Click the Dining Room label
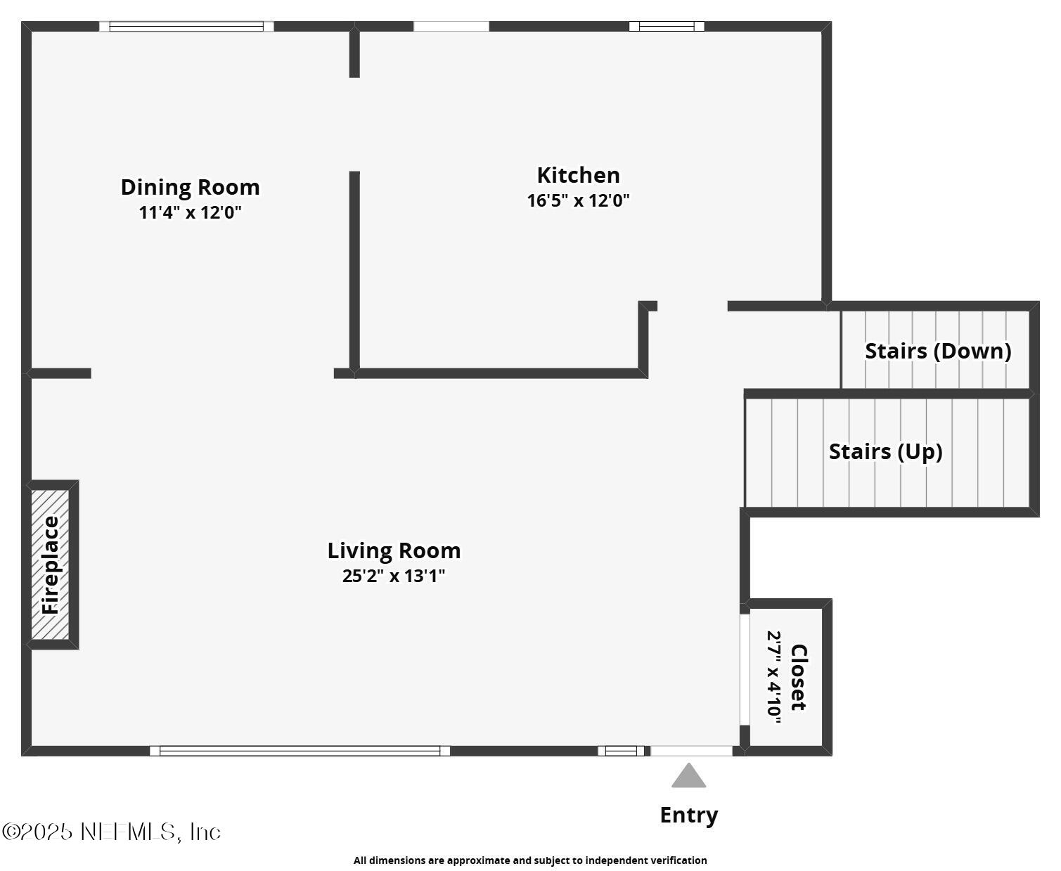(190, 188)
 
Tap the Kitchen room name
(578, 175)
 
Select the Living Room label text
(394, 550)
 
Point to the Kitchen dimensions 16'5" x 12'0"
(578, 200)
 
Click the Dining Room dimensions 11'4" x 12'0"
(190, 213)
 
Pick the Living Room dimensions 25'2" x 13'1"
(394, 576)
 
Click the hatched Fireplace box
(51, 564)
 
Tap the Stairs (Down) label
(938, 351)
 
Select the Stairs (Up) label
(885, 451)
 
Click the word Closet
(799, 677)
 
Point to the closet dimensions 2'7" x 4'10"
(774, 677)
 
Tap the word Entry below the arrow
(689, 815)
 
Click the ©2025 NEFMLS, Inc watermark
(111, 832)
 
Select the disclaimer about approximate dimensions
(530, 860)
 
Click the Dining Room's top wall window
(186, 26)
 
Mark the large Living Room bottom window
(300, 751)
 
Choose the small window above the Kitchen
(666, 26)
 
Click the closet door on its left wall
(745, 669)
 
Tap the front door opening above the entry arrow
(692, 751)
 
